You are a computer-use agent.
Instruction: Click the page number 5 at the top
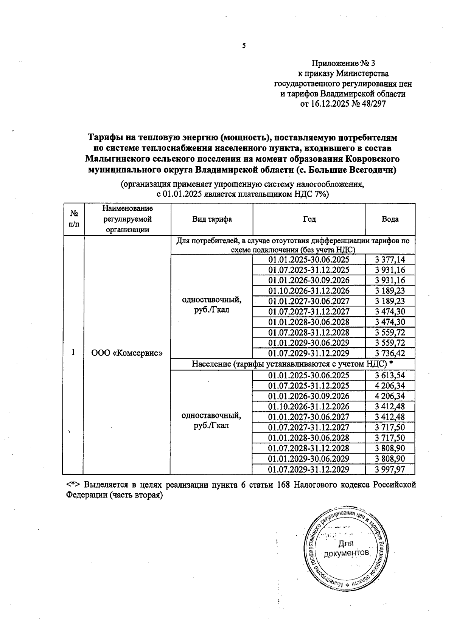244,46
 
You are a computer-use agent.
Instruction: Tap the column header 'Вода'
390,219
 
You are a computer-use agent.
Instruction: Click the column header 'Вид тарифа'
212,219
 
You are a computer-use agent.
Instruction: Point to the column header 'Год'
309,219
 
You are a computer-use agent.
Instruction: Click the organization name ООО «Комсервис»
127,353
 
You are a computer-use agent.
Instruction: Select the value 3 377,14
390,260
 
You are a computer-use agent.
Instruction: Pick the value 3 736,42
390,353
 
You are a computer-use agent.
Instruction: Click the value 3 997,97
390,469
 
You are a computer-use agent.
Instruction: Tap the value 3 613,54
390,375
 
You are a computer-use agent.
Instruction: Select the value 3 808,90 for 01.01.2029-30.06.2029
390,459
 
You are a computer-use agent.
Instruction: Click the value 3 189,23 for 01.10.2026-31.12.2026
390,291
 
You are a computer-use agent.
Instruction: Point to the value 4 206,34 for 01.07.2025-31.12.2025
390,386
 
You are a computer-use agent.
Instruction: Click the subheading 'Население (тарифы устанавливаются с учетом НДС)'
289,364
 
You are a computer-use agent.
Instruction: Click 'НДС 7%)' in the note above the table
312,194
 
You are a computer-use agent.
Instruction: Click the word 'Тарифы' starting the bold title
104,137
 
